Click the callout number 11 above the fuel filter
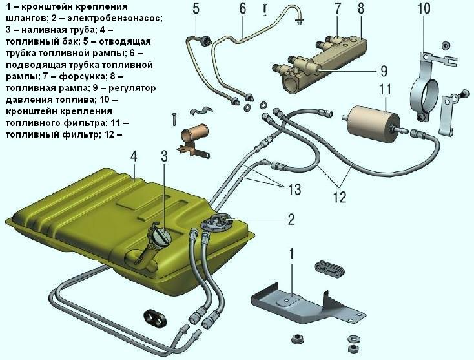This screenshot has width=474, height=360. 385,90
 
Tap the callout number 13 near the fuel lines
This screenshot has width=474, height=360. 293,189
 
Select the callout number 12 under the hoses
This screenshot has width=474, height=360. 340,197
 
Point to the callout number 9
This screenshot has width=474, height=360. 384,71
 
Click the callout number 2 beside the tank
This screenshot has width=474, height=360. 291,219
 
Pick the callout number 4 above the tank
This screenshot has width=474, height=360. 134,156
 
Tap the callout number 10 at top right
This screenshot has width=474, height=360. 424,8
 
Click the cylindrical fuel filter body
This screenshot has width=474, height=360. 369,123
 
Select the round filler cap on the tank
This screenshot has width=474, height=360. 161,237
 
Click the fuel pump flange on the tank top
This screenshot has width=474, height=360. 216,223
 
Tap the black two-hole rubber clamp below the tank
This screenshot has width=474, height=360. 154,318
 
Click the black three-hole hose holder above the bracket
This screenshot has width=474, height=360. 329,268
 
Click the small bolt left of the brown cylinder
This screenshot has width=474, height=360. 174,120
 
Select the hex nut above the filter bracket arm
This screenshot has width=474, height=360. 446,46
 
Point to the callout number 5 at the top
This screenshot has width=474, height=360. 196,9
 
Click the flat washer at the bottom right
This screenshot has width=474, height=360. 352,338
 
